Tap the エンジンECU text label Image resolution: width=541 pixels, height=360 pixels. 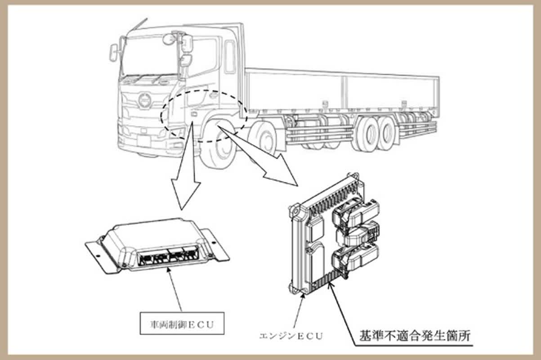point(291,335)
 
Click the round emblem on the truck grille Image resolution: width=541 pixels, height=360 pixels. point(144,100)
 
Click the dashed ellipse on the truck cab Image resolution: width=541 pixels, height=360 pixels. point(204,116)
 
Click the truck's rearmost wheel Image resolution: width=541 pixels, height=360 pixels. point(385,133)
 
